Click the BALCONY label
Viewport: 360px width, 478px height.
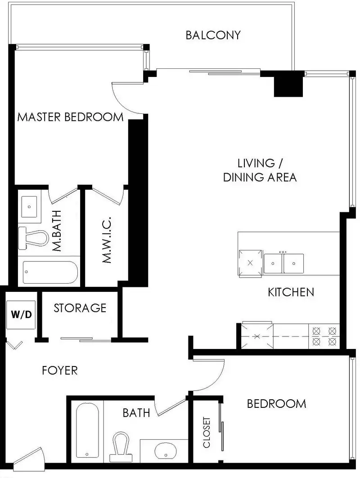point(213,35)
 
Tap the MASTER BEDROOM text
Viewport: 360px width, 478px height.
point(70,117)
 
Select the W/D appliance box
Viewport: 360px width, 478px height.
point(21,315)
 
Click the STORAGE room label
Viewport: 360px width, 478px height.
point(80,308)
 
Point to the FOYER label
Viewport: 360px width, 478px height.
point(60,371)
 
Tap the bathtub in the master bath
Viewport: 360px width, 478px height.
point(50,272)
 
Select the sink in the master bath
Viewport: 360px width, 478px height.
point(29,207)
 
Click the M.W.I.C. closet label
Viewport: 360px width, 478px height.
point(107,240)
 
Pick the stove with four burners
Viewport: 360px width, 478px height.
point(324,336)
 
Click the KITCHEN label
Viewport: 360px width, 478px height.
point(291,292)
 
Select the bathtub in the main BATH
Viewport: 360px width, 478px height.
point(87,430)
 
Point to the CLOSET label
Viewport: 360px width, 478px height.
point(207,432)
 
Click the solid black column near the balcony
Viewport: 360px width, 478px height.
point(288,84)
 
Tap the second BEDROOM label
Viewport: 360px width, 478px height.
point(276,404)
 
